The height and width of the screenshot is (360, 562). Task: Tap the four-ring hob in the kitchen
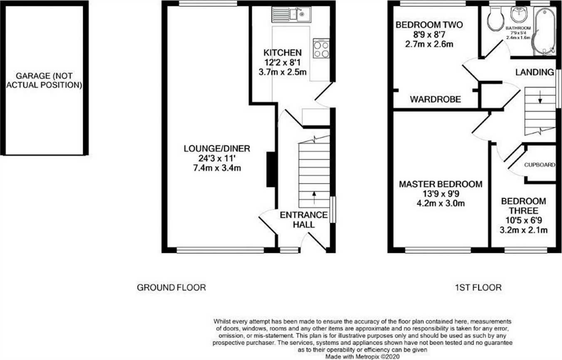click(x=321, y=49)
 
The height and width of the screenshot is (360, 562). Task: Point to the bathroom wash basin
click(x=519, y=15)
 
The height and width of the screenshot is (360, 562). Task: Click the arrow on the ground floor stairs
click(x=313, y=195)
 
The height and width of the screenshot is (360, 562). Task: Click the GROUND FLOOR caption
click(x=172, y=287)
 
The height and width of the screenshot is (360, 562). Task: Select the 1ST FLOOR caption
click(x=478, y=287)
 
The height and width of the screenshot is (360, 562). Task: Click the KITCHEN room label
click(x=282, y=53)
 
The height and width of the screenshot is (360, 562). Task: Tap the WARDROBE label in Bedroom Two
click(x=435, y=100)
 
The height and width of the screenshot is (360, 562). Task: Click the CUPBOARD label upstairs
click(x=539, y=165)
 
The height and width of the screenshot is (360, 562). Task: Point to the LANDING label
click(x=535, y=72)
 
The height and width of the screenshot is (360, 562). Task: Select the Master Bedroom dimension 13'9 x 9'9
click(x=440, y=194)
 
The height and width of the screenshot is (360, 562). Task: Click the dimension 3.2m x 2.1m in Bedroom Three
click(x=523, y=230)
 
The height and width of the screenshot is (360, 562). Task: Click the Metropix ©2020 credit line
click(x=362, y=357)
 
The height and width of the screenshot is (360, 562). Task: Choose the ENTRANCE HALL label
click(x=298, y=220)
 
